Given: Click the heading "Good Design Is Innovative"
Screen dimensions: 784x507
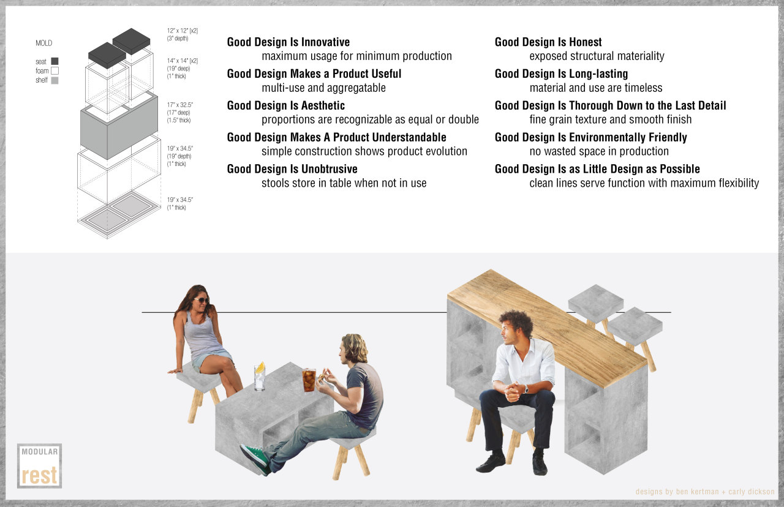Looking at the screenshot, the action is point(288,42).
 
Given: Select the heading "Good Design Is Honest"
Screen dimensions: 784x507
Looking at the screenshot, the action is point(548,42).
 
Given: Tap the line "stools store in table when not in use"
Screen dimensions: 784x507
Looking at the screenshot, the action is point(344,183).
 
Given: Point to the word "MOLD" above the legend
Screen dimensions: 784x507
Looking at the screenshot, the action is point(43,43).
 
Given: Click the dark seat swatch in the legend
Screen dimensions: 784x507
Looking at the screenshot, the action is point(55,61).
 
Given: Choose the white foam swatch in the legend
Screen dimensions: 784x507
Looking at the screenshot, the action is point(55,70).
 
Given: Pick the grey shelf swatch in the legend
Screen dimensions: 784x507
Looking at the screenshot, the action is point(55,80).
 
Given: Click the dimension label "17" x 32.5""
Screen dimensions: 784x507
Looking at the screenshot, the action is point(180,105).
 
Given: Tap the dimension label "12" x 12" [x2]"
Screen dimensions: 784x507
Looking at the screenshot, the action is point(183,31).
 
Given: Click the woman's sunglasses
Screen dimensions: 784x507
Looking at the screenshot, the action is point(202,300).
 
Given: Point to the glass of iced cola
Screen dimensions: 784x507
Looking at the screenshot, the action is point(309,380).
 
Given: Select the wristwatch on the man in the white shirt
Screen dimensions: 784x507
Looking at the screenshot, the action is point(526,389).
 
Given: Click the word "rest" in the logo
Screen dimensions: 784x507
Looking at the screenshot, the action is point(39,475).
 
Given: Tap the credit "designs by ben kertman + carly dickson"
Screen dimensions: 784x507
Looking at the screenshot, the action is point(705,492).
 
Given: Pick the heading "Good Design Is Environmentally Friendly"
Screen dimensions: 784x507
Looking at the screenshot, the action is point(591,137).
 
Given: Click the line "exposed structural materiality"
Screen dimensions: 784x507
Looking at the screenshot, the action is point(597,56).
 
